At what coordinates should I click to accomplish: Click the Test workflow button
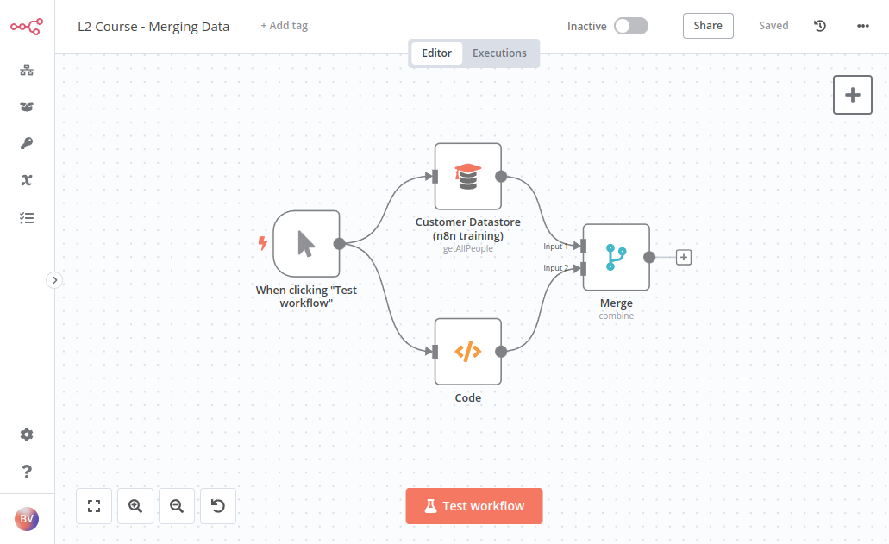tap(474, 505)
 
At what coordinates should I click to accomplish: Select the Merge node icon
tap(616, 257)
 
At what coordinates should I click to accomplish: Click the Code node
tap(467, 352)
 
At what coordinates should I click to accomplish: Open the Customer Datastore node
tap(467, 176)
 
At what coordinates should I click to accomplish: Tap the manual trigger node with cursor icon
tap(306, 244)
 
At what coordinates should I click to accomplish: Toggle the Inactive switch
tap(631, 26)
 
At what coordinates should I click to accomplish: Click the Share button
tap(708, 26)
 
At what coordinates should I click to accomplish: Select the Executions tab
tap(499, 53)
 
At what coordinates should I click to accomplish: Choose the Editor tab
tap(436, 53)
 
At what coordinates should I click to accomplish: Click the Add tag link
tap(284, 26)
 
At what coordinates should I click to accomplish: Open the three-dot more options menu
tap(863, 26)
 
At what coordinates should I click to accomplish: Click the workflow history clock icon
tap(820, 26)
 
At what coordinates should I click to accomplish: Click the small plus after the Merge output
tap(684, 257)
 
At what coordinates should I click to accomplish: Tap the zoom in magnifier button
tap(135, 506)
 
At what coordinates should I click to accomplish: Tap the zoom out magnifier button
tap(176, 506)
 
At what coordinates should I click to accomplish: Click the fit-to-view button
tap(94, 506)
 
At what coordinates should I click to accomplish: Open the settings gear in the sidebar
tap(27, 435)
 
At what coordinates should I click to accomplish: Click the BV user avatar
tap(27, 518)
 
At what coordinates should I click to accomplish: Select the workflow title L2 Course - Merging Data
tap(153, 27)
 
